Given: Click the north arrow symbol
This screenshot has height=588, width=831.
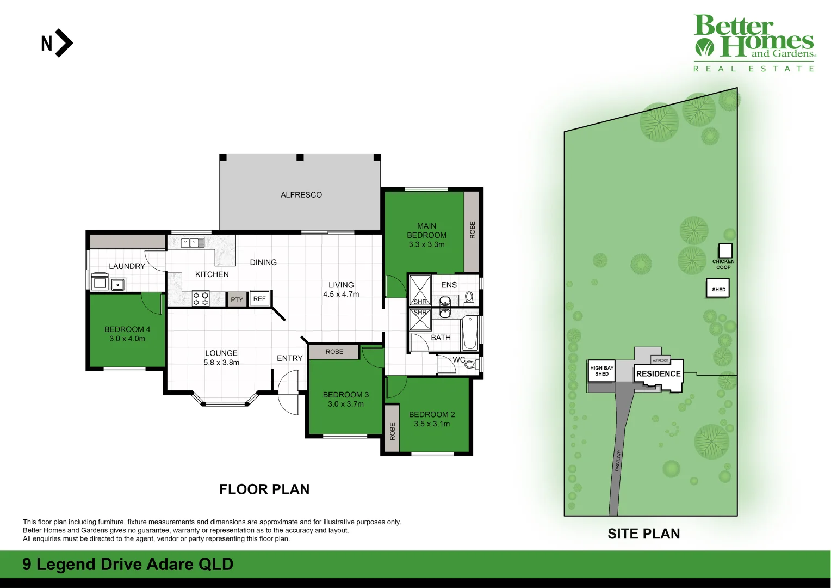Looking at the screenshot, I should point(57,43).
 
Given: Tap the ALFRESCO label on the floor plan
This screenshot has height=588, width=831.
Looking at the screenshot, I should point(301,195).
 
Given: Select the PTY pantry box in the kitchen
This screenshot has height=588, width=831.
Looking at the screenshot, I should point(237,299).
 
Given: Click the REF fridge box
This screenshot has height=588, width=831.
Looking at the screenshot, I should point(259,298).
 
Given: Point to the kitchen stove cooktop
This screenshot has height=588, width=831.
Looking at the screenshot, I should point(201,298).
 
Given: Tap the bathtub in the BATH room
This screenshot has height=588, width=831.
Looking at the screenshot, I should point(470,333).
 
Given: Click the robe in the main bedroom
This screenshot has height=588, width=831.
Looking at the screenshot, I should point(472,230).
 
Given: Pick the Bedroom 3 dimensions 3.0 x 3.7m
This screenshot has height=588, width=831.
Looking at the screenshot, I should point(346,404).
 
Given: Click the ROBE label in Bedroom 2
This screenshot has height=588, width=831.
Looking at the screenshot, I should point(392,431).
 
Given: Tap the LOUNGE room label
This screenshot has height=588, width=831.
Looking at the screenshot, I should point(221,353).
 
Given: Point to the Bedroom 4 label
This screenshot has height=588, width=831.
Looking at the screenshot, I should point(127,329).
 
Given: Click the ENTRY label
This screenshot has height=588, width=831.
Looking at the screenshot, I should point(289,358).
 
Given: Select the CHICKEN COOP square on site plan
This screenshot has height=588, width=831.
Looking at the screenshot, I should point(725,250).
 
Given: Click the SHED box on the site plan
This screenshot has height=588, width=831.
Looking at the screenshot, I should point(718,289).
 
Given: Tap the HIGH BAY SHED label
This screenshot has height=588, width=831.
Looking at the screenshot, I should point(601,371).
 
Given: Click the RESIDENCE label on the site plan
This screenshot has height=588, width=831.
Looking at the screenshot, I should point(658,373).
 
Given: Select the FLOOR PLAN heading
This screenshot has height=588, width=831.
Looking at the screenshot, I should point(264,489).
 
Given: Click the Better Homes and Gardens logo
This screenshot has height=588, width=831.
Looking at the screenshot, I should point(754,43).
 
